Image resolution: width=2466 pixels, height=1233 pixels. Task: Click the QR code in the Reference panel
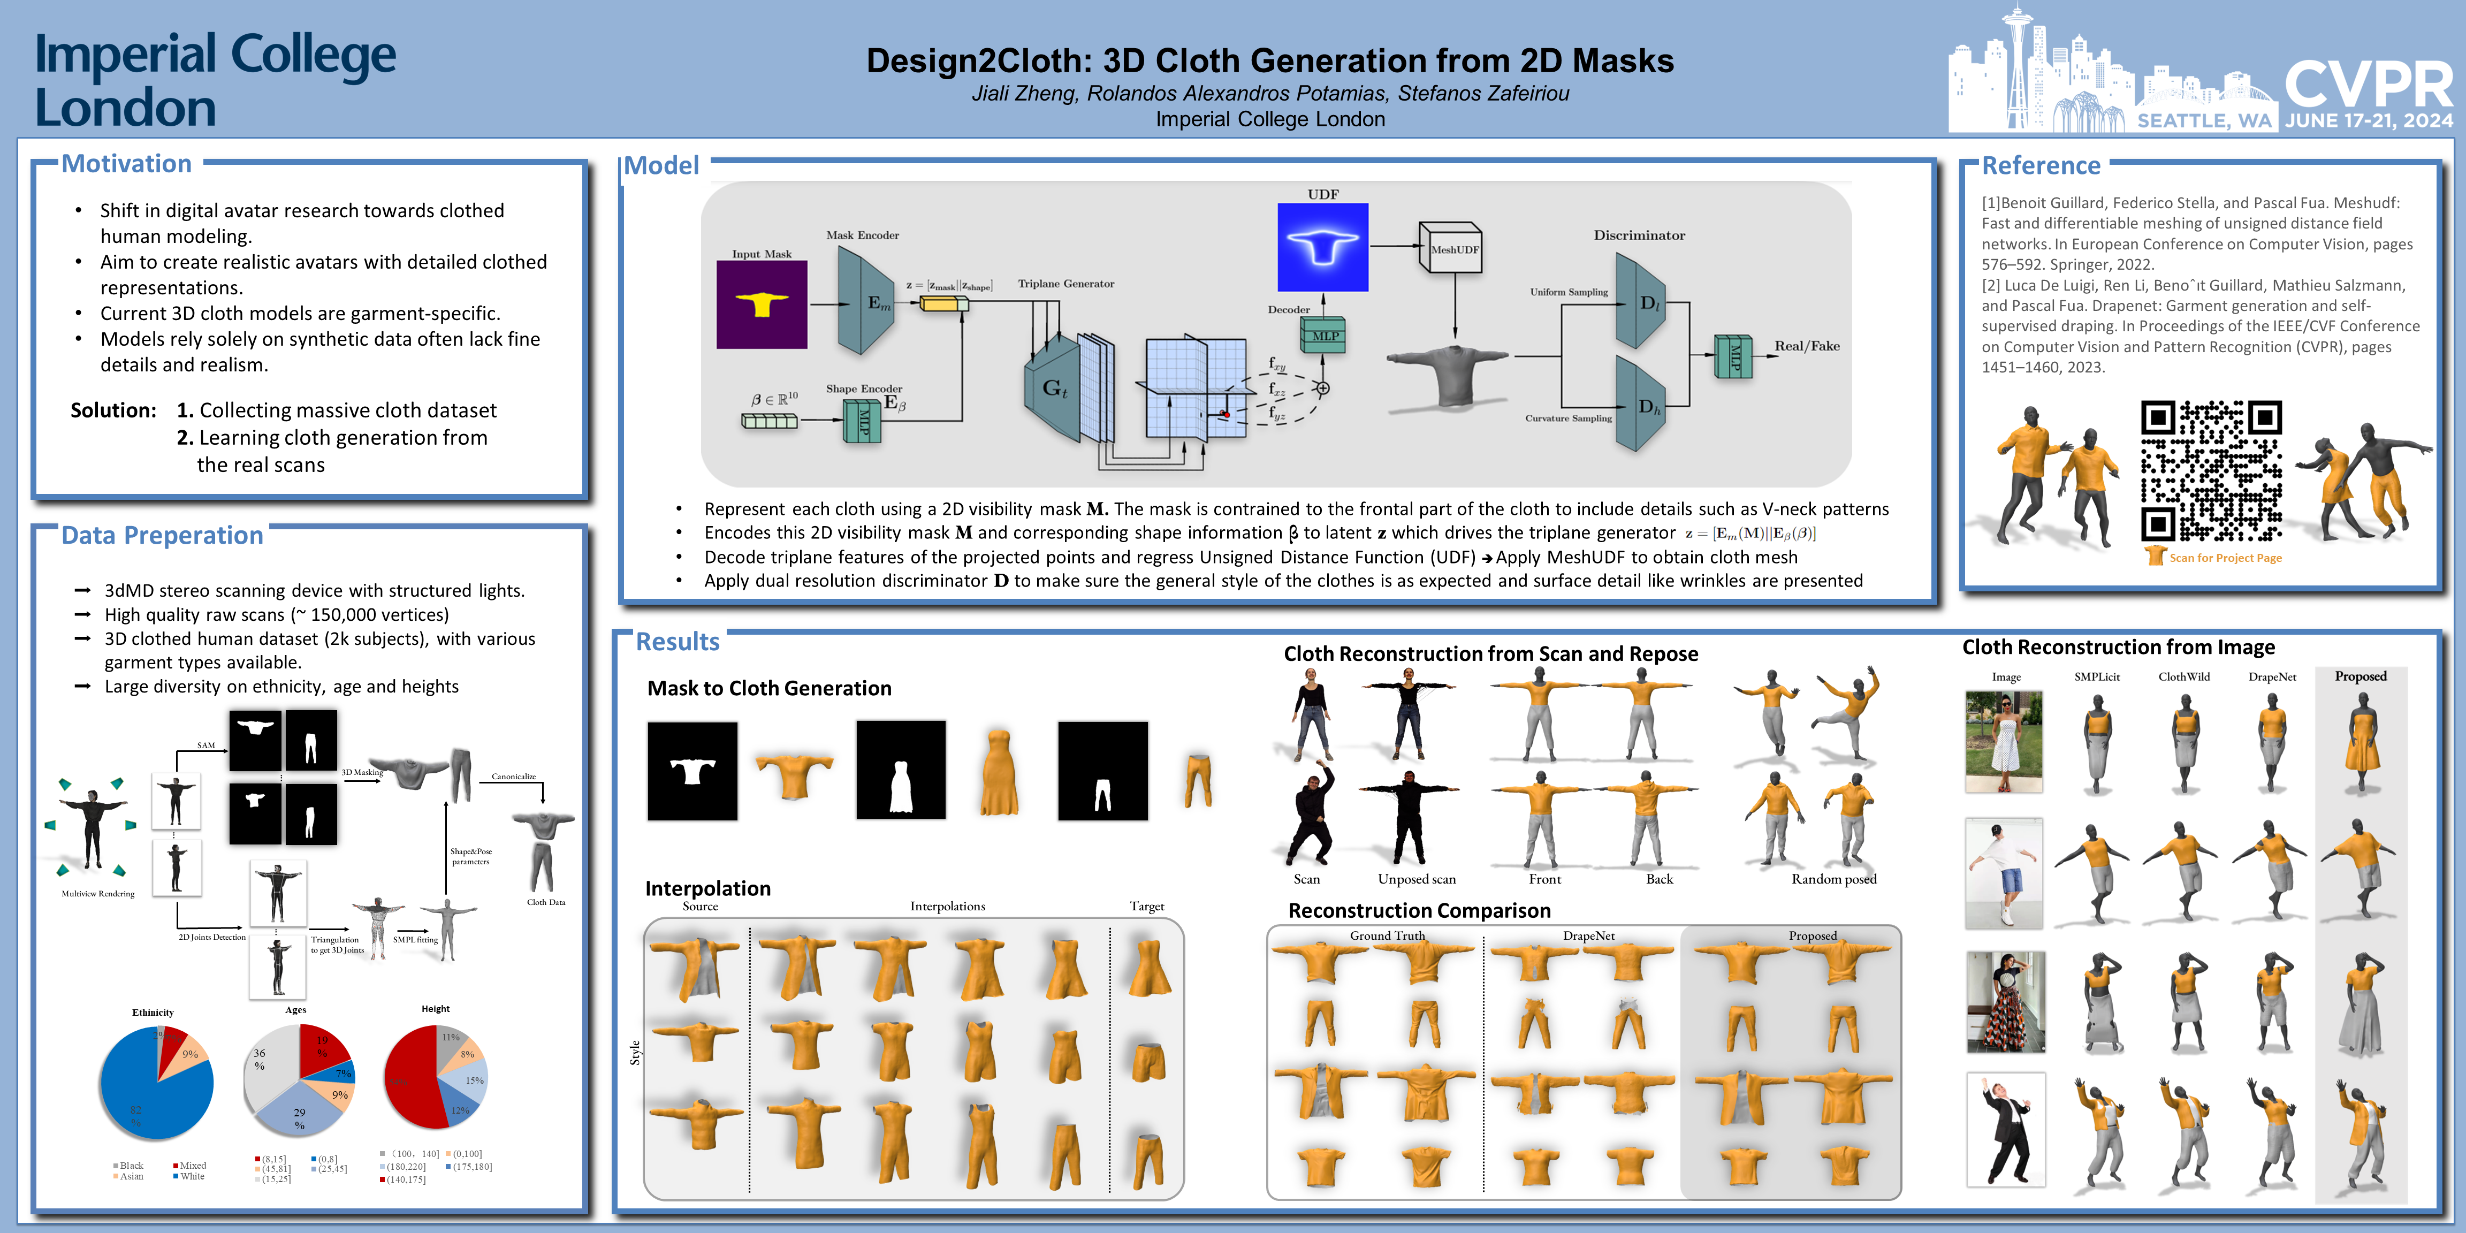point(2211,471)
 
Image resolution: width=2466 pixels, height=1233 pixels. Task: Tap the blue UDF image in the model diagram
point(1323,247)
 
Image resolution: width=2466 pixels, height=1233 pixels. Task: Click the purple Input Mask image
point(762,305)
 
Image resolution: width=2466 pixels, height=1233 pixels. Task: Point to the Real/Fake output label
point(1807,346)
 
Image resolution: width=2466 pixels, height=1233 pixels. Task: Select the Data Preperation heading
point(162,535)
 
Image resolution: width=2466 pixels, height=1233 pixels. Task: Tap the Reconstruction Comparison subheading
point(1419,910)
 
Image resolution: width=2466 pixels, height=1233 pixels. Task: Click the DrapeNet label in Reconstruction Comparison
point(1588,935)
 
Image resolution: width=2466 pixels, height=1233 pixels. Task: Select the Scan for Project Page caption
point(2225,558)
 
